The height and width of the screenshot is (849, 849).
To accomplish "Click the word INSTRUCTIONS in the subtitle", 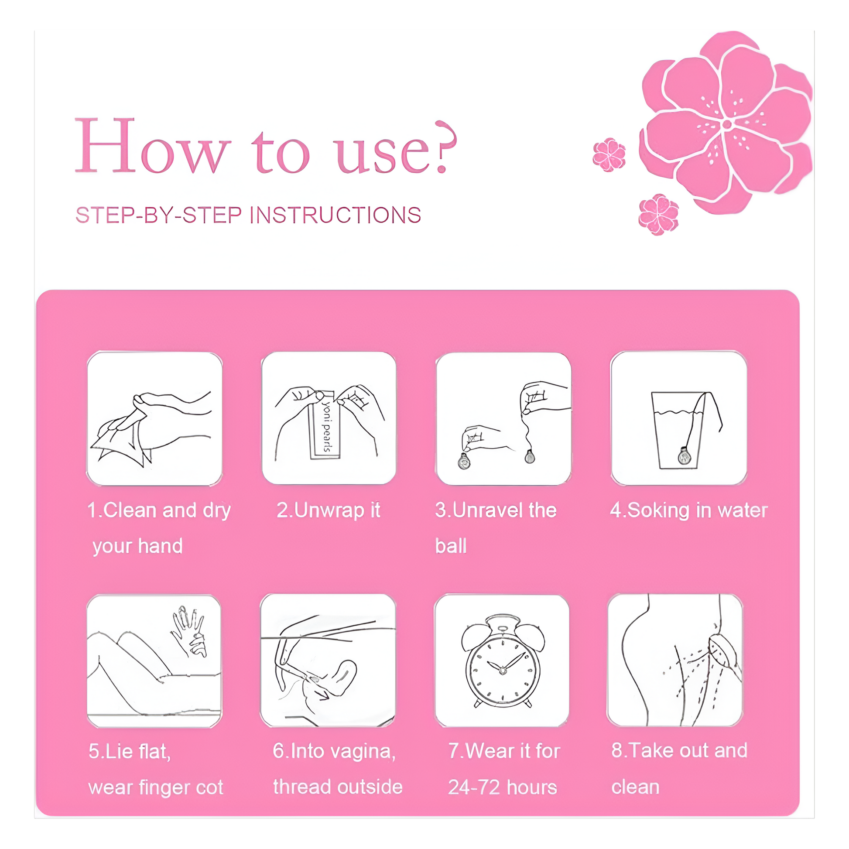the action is [338, 216].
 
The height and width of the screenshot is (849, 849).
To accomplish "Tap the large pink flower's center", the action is [727, 124].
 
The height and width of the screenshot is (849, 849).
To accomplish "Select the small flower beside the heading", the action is [609, 154].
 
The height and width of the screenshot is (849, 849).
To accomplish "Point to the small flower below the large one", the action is [658, 215].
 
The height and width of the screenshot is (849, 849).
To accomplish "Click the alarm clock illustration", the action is [503, 661].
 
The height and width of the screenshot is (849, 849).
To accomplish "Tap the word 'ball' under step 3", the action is [451, 546].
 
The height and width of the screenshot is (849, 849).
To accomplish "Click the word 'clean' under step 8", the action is [635, 787].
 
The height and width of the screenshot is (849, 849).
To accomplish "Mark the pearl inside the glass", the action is [684, 456].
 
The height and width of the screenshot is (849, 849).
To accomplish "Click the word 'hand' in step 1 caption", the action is [160, 546].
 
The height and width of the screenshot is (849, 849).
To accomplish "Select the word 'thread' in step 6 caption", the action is [301, 787].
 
